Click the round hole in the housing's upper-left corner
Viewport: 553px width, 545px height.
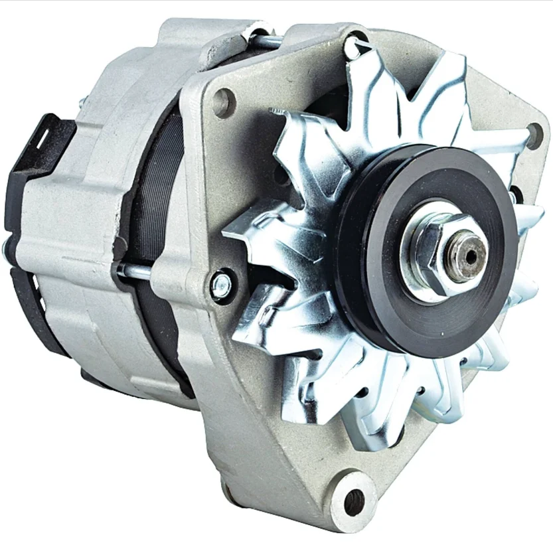coord(224,103)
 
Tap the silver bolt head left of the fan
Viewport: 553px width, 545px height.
coord(221,285)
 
